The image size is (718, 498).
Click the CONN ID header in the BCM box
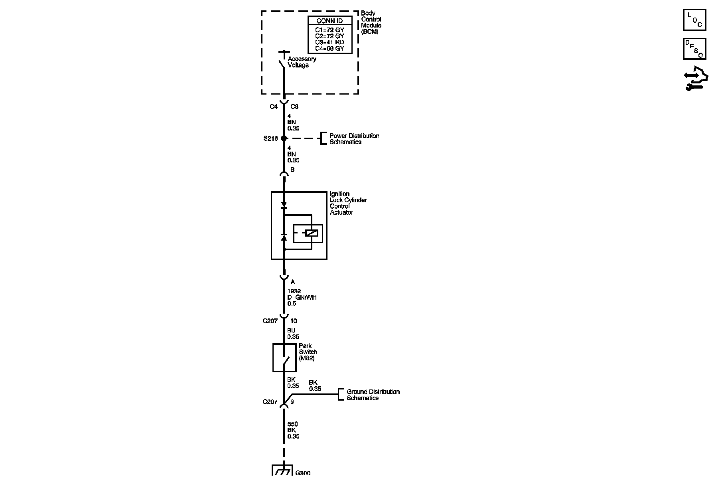coord(329,21)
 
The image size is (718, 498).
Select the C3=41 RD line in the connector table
coord(329,42)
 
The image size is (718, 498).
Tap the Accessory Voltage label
coord(302,62)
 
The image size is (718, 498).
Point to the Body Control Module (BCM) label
coord(371,22)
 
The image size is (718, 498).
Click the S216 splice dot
coord(284,138)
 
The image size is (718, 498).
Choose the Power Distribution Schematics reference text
coord(354,139)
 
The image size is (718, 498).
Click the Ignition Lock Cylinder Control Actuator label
coord(348,203)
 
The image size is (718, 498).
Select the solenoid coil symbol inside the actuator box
coord(311,233)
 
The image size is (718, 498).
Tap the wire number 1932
coord(294,291)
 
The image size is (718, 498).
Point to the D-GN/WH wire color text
coord(302,297)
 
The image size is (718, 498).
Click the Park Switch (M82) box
coord(284,358)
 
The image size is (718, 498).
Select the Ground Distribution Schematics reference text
coord(373,395)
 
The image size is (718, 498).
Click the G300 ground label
coord(303,473)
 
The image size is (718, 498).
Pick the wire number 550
coord(292,424)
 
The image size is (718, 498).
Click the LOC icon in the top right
coord(694,20)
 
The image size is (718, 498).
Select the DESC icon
coord(694,49)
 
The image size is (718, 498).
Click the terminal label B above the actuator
coord(292,170)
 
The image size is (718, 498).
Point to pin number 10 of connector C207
coord(294,321)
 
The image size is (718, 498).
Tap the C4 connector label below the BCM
coord(273,107)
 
